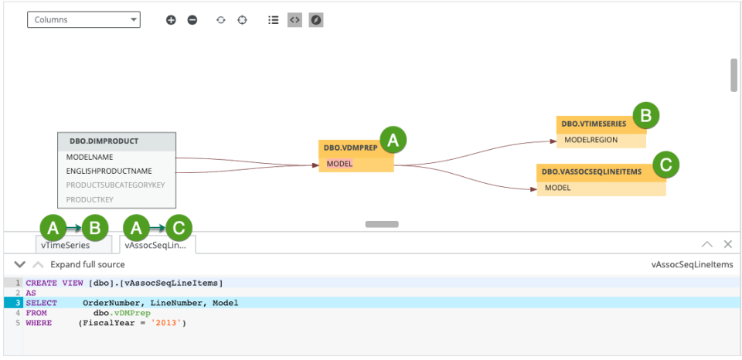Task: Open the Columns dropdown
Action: tap(83, 19)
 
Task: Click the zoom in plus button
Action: tap(171, 20)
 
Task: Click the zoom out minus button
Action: tap(192, 20)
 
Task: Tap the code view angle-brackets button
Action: tap(294, 20)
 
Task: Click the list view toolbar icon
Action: tap(273, 20)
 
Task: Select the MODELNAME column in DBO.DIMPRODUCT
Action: tap(90, 157)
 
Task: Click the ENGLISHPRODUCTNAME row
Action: tap(109, 171)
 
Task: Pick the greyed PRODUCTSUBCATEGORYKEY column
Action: tap(115, 185)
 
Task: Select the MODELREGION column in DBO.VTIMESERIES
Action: tap(592, 140)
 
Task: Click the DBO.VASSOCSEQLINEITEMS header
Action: tap(591, 172)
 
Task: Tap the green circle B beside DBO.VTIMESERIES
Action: tap(646, 117)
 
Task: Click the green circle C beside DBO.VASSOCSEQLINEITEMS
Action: tap(665, 164)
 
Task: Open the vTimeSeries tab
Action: tap(66, 245)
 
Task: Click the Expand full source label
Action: tap(87, 265)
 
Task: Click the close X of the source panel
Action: tap(727, 244)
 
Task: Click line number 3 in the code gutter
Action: tap(17, 303)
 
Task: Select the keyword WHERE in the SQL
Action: tap(39, 323)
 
